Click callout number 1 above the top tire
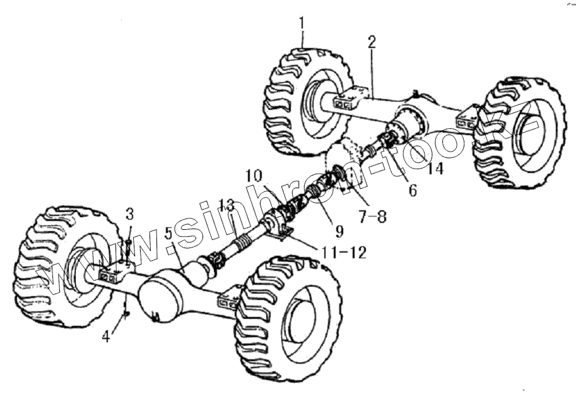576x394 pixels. (302, 23)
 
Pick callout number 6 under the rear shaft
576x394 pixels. (412, 190)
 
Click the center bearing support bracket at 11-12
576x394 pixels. (279, 229)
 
